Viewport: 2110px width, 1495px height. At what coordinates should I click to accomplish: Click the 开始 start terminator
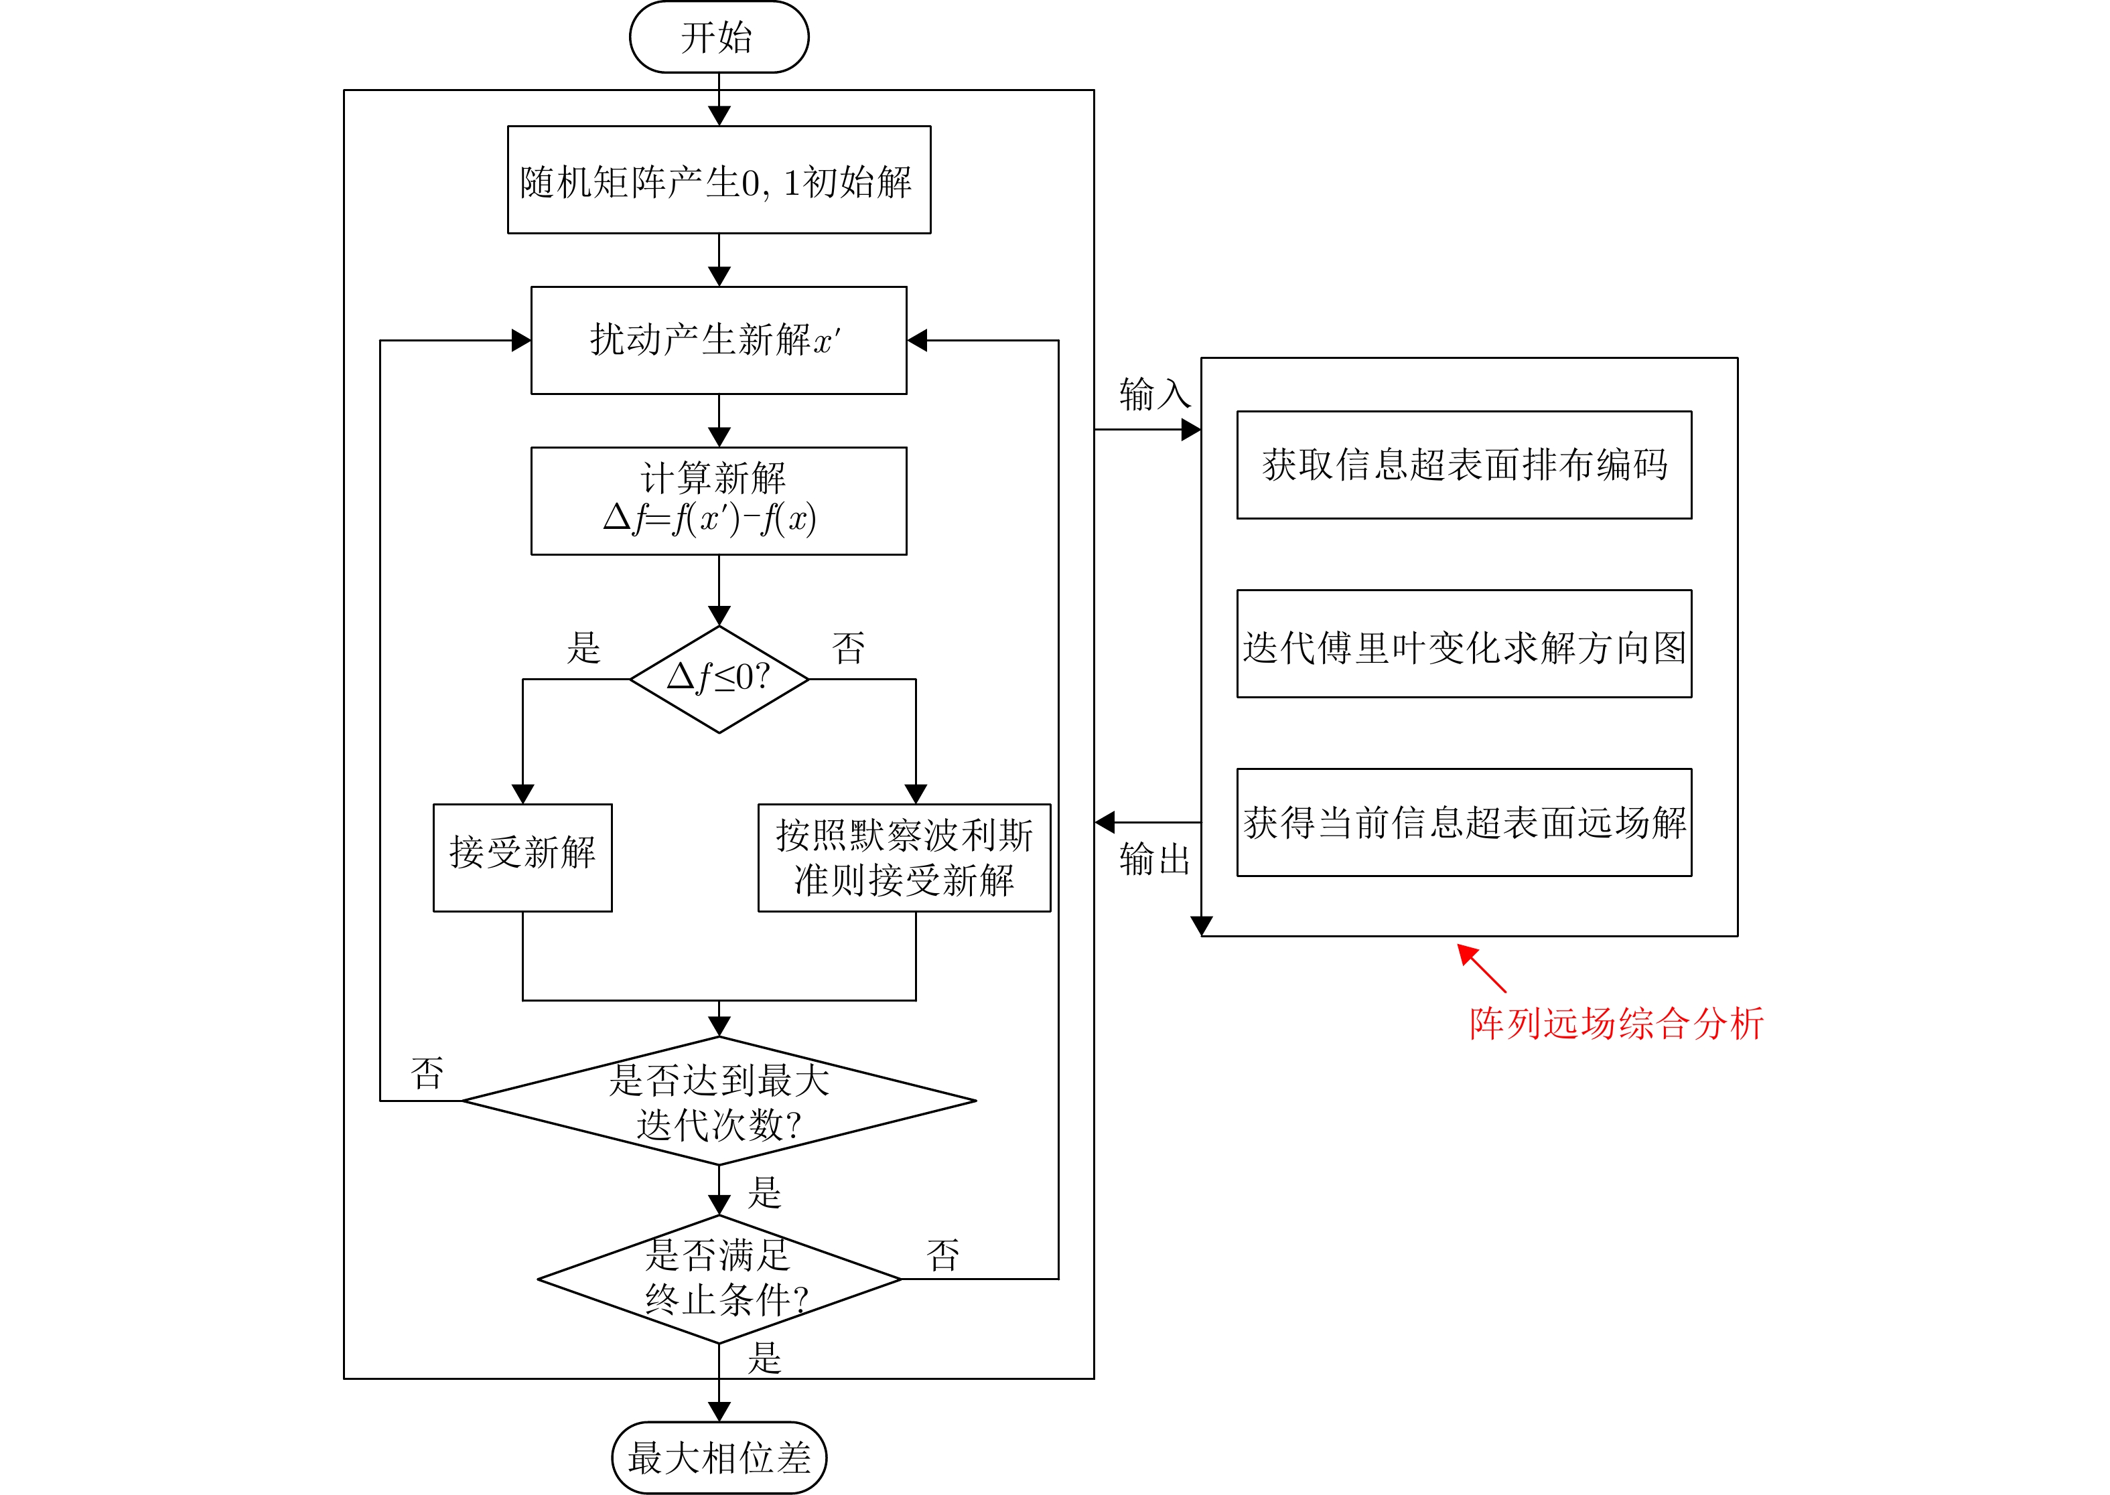718,37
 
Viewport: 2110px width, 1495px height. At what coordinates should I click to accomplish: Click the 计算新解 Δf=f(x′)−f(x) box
718,501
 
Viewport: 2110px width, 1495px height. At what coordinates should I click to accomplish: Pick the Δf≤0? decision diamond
718,680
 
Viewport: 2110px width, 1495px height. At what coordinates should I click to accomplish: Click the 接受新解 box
522,857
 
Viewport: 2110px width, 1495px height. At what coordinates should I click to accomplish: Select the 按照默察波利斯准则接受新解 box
904,857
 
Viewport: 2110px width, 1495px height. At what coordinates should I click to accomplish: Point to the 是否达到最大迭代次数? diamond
718,1100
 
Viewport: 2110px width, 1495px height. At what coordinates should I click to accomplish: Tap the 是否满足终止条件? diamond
718,1279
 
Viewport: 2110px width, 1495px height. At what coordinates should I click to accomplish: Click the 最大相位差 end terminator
718,1458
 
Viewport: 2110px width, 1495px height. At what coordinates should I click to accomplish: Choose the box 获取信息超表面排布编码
1464,465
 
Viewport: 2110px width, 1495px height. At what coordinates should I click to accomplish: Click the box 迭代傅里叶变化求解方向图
1464,643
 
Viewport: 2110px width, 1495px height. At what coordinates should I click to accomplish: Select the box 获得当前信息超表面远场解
1464,822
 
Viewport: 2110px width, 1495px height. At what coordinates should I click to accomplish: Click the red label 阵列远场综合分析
1616,1024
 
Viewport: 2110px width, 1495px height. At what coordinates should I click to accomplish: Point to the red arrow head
1466,952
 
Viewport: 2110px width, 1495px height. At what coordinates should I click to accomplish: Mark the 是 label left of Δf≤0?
583,647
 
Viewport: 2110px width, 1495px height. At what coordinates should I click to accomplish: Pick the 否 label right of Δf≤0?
848,647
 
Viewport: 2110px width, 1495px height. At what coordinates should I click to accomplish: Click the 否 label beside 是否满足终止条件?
942,1255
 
